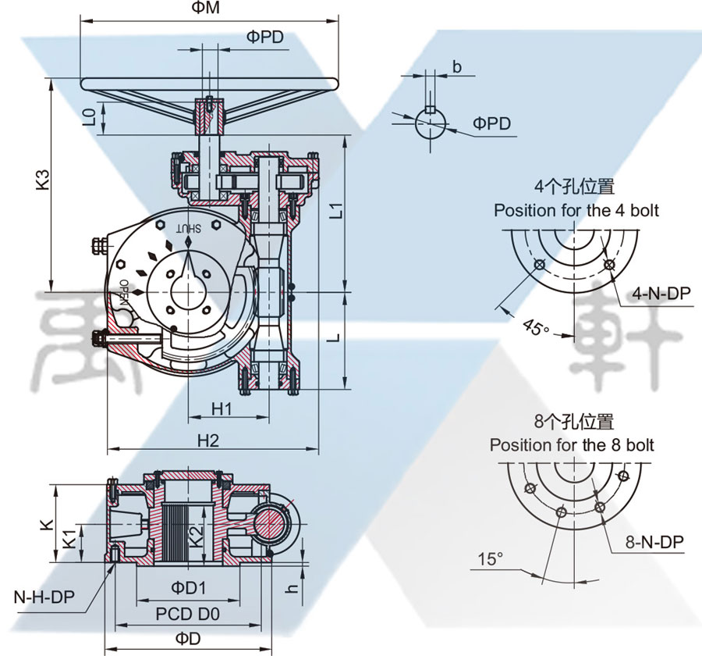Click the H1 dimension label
222,408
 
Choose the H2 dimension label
207,440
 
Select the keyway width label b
457,68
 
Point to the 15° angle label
490,559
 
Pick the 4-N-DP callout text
661,293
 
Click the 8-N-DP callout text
654,541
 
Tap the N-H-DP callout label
44,597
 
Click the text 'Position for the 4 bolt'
576,211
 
